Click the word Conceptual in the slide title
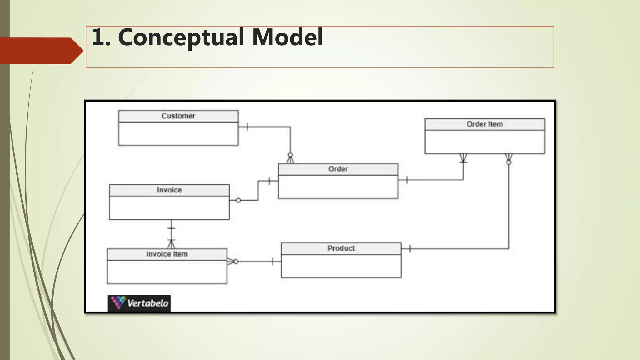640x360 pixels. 181,37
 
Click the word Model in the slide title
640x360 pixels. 287,37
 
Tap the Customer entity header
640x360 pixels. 178,116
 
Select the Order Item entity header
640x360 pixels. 484,124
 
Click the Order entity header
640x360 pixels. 338,169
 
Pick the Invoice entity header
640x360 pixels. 169,190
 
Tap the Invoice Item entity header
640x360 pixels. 167,254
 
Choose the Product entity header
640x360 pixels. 341,248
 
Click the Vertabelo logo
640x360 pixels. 139,303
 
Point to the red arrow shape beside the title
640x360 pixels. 41,51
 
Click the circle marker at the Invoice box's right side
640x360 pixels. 238,200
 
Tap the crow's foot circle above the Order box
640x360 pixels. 290,155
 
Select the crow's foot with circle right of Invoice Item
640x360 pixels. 233,262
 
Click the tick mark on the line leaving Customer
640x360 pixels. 247,127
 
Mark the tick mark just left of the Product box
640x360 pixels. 272,262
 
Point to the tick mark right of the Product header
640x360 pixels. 410,249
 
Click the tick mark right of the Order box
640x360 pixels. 407,180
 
